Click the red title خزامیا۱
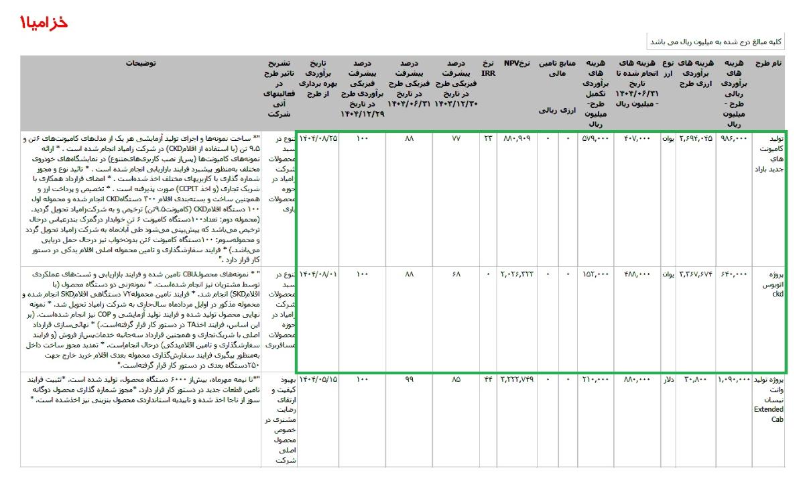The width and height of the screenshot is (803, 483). tap(44, 22)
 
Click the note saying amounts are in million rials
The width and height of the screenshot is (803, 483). tap(715, 42)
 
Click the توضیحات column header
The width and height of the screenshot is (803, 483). tap(141, 63)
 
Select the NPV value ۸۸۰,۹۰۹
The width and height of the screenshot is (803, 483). tap(516, 140)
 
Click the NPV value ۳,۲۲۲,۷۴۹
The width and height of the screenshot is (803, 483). tap(516, 379)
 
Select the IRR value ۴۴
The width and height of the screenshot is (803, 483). tap(488, 379)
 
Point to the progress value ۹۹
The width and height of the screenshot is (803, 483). tap(409, 379)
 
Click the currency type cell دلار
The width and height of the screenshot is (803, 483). tap(668, 379)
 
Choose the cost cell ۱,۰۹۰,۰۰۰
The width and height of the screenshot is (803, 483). tap(734, 379)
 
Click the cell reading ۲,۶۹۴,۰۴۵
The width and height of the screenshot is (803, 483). tap(695, 140)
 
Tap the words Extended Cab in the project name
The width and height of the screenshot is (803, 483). tap(768, 414)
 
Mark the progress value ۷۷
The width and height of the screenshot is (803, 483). tap(456, 140)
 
